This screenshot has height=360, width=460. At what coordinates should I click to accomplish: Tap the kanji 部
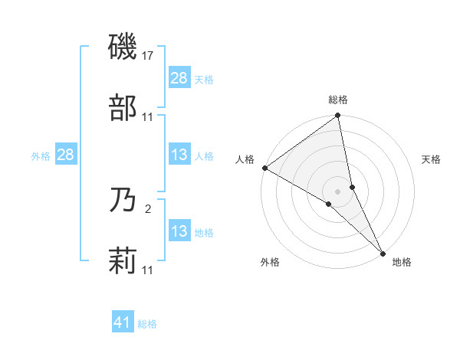[123, 108]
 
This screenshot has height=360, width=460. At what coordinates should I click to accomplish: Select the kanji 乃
[123, 201]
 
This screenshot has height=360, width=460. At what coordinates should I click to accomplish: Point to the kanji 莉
[123, 261]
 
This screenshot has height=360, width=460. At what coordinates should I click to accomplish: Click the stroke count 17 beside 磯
[149, 56]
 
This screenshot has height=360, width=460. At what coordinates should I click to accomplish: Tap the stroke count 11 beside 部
[148, 116]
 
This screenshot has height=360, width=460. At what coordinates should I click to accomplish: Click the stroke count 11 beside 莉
[148, 270]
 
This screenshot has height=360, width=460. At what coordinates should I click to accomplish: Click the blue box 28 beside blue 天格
[179, 78]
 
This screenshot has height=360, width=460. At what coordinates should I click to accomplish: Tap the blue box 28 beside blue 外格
[66, 155]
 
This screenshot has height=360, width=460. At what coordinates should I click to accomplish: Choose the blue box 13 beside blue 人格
[179, 155]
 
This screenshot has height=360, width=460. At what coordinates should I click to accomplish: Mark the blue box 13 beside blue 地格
[179, 231]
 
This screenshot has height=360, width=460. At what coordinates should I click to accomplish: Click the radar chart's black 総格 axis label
[338, 100]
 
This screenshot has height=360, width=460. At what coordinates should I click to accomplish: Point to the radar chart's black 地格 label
[402, 262]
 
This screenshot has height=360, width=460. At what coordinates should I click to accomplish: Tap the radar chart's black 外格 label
[270, 262]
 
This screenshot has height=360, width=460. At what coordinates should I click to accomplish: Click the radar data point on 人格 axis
[264, 168]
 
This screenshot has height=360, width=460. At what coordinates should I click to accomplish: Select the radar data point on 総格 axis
[338, 116]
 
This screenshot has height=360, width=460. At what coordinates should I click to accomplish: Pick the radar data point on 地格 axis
[383, 252]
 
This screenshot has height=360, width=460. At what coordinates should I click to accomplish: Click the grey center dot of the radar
[338, 191]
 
